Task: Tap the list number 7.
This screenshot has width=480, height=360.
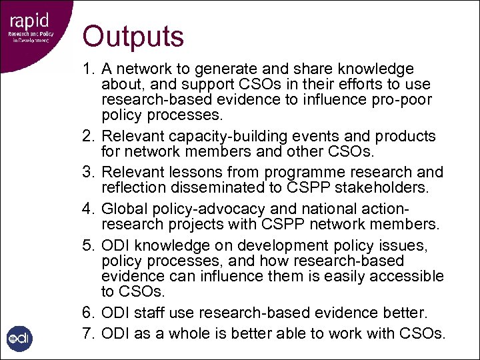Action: point(88,333)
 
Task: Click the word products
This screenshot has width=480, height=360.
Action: point(407,137)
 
